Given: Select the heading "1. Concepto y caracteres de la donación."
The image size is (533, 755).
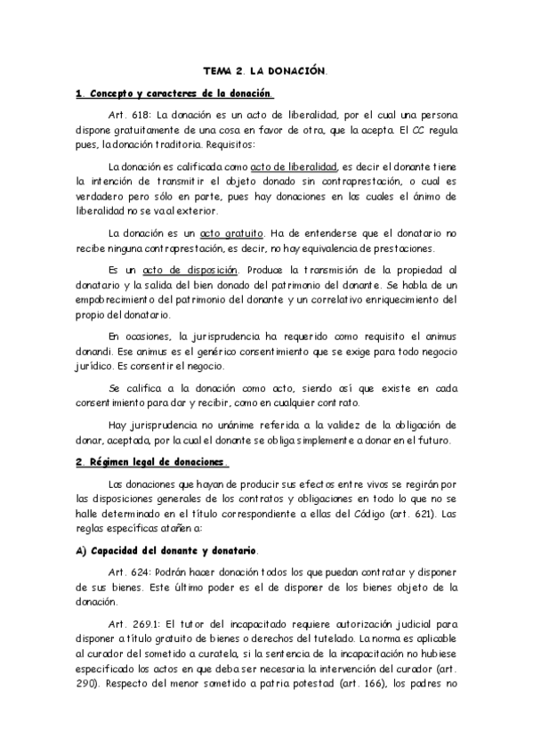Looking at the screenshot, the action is point(174,93).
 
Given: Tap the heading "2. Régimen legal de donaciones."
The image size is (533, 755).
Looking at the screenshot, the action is point(152,462).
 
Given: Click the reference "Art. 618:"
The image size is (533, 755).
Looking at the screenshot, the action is point(128,116).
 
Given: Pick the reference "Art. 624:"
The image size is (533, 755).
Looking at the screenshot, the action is point(128,569).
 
